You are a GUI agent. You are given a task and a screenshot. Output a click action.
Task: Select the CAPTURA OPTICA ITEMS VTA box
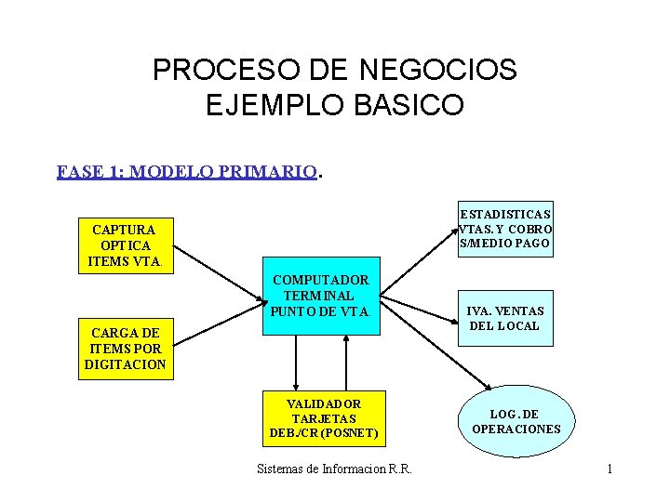coord(124,244)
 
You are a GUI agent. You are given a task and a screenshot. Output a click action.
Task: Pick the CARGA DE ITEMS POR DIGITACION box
coord(125,349)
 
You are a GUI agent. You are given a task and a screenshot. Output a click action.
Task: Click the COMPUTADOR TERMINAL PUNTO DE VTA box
coord(320,295)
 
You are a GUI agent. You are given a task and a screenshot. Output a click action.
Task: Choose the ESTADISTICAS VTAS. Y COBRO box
coord(506,229)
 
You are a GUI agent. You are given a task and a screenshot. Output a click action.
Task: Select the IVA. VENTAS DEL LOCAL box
coord(504,318)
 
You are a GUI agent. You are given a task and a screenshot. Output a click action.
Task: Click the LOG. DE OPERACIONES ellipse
coord(516,421)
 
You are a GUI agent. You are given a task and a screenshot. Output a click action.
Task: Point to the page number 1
coord(610,469)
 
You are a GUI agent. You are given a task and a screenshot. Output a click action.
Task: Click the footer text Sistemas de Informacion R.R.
coord(334,469)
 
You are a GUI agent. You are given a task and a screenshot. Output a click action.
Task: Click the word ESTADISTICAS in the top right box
coord(506,214)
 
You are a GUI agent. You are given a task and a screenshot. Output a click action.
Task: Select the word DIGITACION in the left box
coord(125,364)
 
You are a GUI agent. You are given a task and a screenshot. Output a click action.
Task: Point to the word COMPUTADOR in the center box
coord(320,280)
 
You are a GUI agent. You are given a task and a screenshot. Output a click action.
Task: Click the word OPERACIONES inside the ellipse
coord(516,429)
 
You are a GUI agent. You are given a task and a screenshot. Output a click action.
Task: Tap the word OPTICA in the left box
coord(124,244)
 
